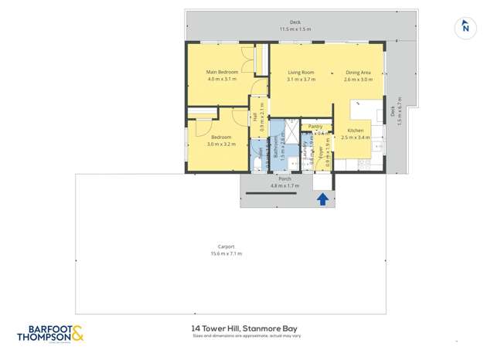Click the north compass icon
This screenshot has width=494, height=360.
[x=465, y=27]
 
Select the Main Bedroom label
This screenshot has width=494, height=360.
[x=222, y=73]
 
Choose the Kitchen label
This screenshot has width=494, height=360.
[x=355, y=131]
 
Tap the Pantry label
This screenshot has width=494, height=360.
[x=315, y=126]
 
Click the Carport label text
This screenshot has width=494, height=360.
[x=226, y=246]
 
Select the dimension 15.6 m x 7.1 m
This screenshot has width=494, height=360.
[x=226, y=253]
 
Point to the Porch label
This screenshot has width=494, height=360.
[x=284, y=179]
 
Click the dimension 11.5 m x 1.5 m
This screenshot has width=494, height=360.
[x=295, y=29]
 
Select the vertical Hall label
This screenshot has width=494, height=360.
[x=255, y=117]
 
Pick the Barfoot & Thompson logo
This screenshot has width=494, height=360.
[x=50, y=333]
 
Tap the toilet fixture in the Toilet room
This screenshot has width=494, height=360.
[x=256, y=161]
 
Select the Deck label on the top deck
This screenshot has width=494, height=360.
[x=295, y=22]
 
